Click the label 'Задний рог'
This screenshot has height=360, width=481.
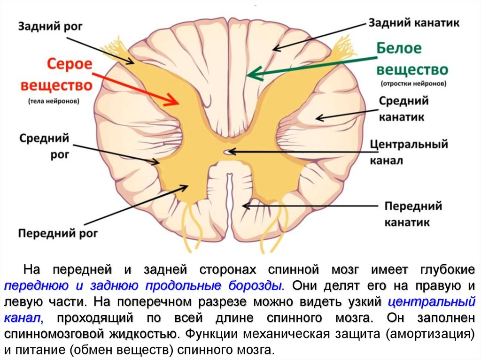point(45,25)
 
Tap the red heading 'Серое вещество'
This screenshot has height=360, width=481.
point(56,75)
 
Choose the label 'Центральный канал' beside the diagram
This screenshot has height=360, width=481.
point(408,152)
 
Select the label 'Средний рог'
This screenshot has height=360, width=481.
point(44,146)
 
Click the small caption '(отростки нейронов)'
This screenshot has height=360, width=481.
point(413,84)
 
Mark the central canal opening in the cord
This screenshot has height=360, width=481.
point(228,152)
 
